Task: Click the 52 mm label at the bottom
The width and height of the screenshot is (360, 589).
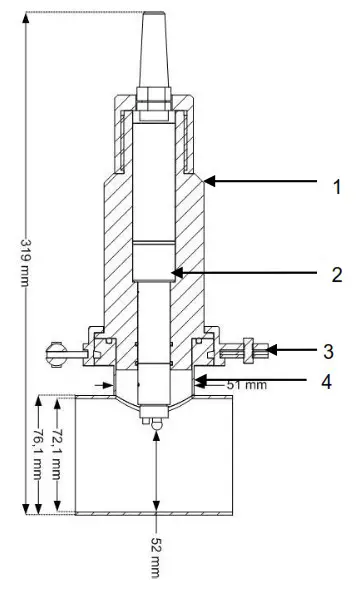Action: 155,554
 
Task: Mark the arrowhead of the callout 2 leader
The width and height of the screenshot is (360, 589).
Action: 173,272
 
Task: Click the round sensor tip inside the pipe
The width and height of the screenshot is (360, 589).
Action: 154,429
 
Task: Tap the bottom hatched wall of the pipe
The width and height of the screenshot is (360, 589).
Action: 154,515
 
